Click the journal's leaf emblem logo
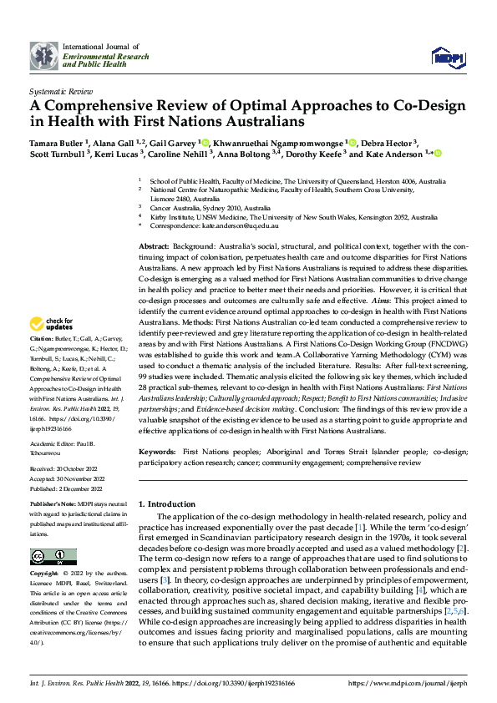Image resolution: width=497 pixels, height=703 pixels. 44,55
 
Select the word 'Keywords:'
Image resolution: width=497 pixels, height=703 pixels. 158,450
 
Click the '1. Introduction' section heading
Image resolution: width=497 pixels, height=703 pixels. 166,504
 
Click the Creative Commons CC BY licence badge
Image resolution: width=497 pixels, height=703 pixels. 53,557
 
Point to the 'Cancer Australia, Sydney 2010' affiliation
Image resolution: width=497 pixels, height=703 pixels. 210,208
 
